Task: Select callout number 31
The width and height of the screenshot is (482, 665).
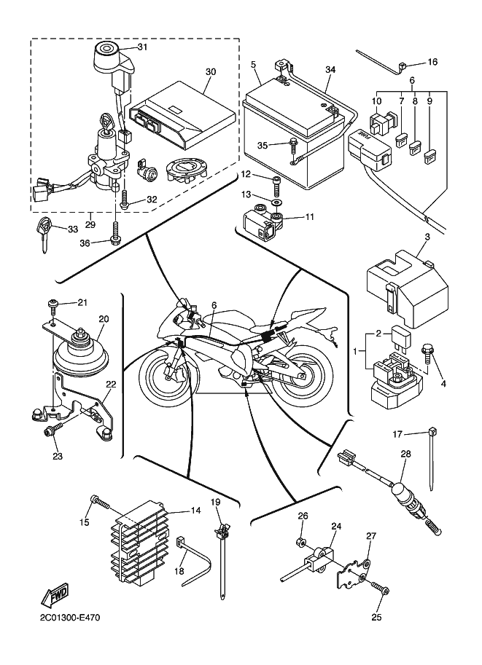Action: tap(142, 47)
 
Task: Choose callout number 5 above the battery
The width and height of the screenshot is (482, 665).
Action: tap(253, 65)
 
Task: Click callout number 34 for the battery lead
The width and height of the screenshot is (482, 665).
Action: tap(330, 70)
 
